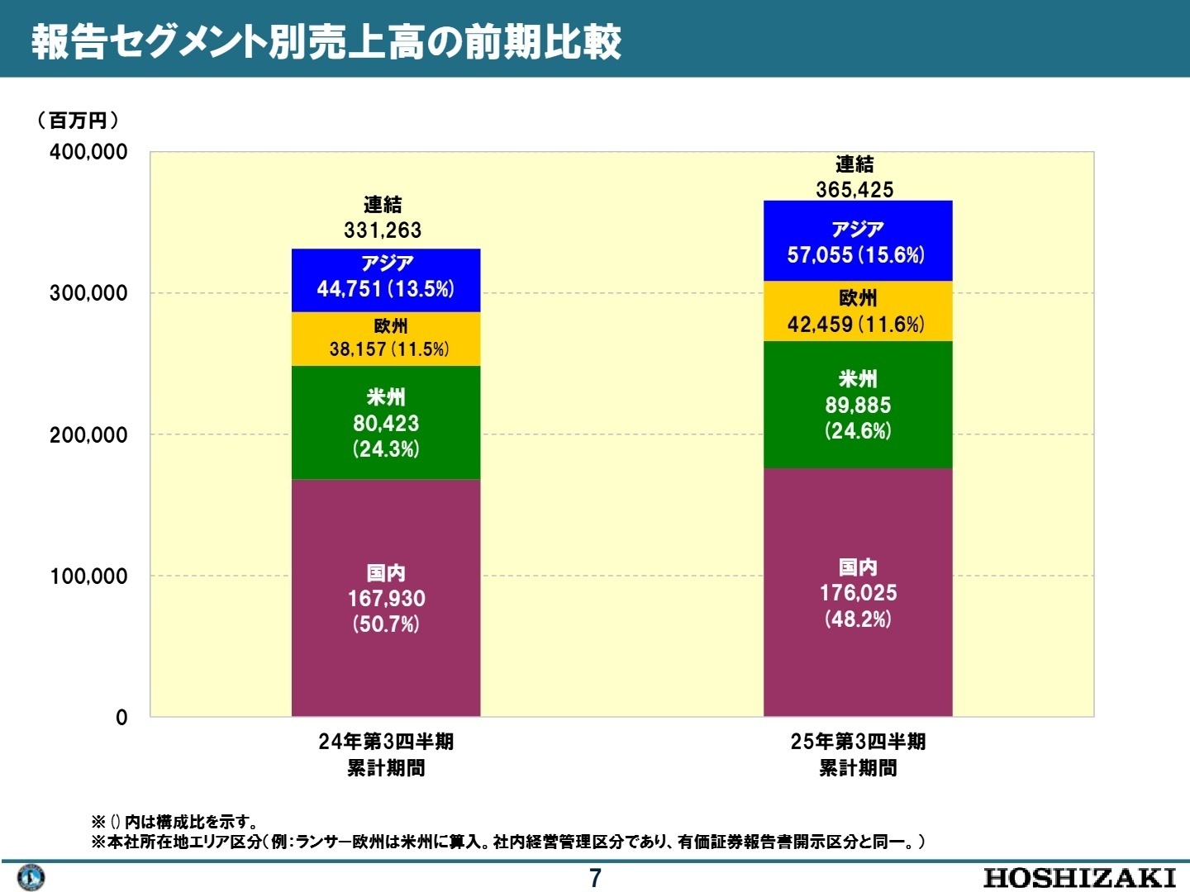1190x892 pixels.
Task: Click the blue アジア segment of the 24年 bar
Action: pyautogui.click(x=386, y=279)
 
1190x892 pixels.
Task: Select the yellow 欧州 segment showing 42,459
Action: pyautogui.click(x=858, y=311)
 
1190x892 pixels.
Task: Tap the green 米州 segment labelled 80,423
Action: pyautogui.click(x=386, y=422)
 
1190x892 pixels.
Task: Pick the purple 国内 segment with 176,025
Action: pyautogui.click(x=858, y=592)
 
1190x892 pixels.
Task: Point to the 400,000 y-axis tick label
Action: pyautogui.click(x=88, y=152)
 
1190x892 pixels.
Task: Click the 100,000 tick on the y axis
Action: pyautogui.click(x=88, y=576)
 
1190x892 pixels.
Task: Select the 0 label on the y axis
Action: pyautogui.click(x=121, y=718)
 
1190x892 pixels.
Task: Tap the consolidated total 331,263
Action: pyautogui.click(x=383, y=230)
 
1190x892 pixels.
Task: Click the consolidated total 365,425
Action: pyautogui.click(x=854, y=190)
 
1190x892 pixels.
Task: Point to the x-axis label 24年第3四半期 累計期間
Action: pyautogui.click(x=386, y=754)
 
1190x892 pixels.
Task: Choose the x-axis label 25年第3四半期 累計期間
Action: pyautogui.click(x=858, y=754)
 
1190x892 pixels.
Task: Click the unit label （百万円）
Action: pyautogui.click(x=78, y=121)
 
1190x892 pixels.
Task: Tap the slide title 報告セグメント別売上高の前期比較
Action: pyautogui.click(x=326, y=41)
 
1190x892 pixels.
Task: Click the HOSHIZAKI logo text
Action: pyautogui.click(x=1079, y=877)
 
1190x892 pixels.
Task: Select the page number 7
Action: pyautogui.click(x=595, y=878)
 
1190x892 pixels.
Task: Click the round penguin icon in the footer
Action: pyautogui.click(x=31, y=877)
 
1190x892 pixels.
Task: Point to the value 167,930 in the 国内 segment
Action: pyautogui.click(x=386, y=599)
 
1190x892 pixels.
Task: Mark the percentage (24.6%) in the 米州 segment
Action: pyautogui.click(x=858, y=431)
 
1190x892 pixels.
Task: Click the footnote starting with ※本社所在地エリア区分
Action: pyautogui.click(x=507, y=842)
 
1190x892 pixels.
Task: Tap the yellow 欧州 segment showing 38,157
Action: pyautogui.click(x=386, y=339)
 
